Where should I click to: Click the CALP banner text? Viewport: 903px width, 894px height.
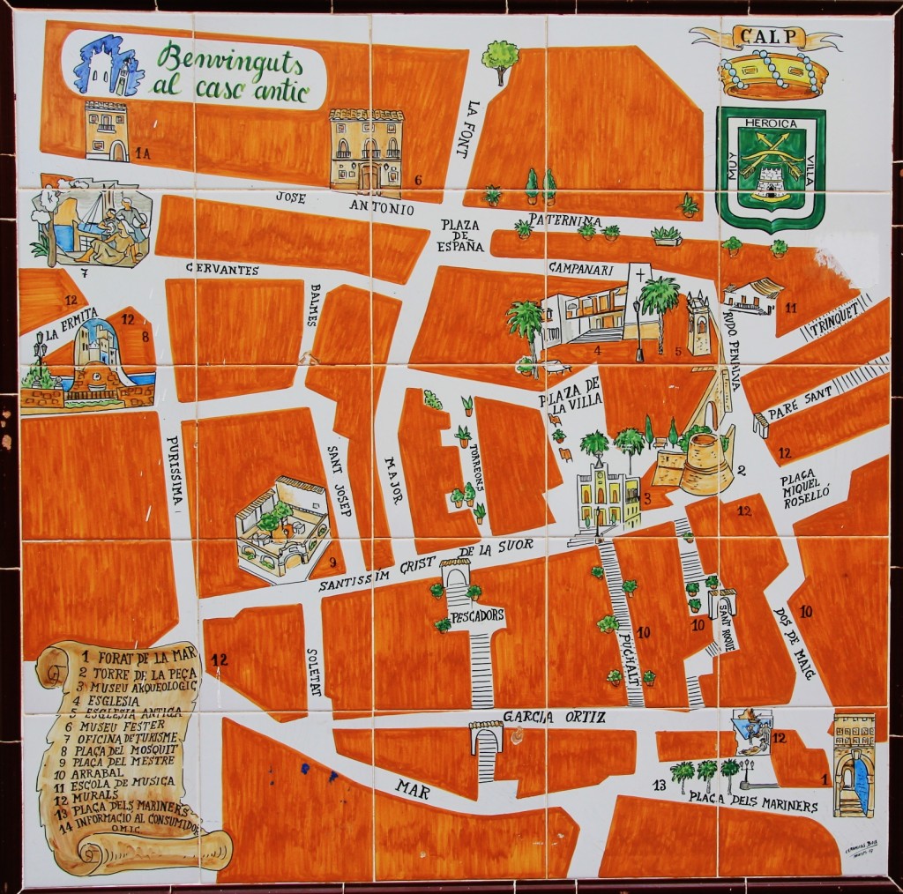click(765, 38)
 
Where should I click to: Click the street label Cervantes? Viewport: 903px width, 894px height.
click(222, 270)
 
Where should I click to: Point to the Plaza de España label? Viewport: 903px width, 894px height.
click(461, 235)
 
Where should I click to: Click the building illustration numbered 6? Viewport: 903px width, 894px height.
click(366, 152)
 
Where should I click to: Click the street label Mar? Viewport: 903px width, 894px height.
click(412, 787)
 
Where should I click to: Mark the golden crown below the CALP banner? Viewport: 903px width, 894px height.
click(772, 75)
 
